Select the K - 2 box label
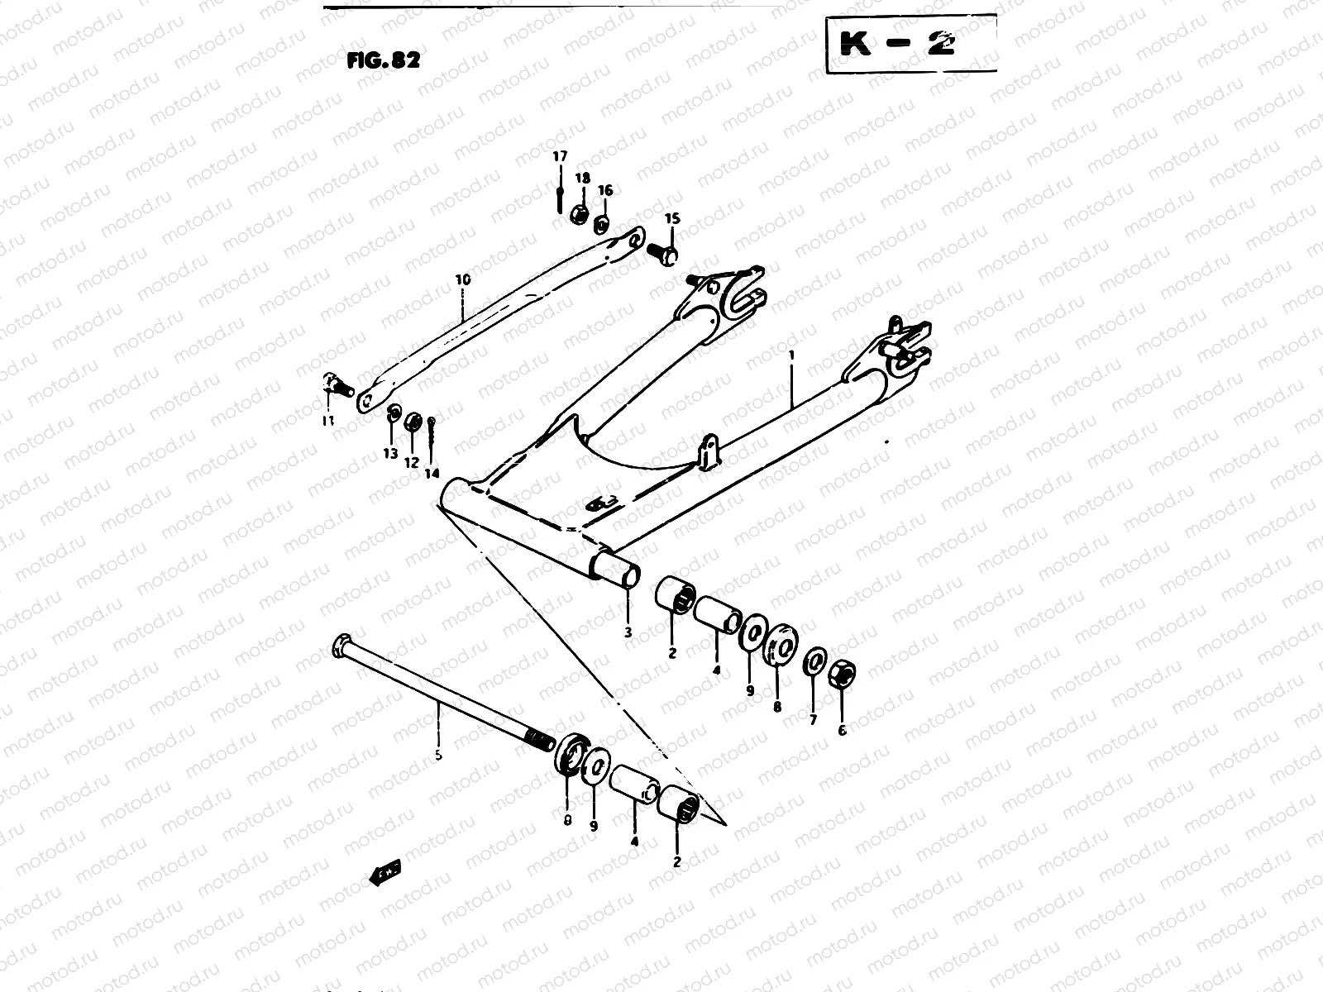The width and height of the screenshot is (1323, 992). click(x=897, y=45)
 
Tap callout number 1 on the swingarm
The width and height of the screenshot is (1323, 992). click(x=791, y=355)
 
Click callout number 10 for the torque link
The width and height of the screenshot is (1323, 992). click(x=462, y=280)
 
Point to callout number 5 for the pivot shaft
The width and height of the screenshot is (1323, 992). click(x=438, y=755)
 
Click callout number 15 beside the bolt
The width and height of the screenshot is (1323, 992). click(x=671, y=218)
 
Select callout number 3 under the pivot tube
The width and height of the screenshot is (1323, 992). click(x=628, y=632)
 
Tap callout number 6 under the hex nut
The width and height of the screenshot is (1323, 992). click(x=843, y=730)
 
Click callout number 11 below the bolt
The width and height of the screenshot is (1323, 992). click(x=328, y=421)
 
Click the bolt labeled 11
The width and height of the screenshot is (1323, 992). click(x=335, y=384)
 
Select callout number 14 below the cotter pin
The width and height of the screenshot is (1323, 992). click(x=432, y=474)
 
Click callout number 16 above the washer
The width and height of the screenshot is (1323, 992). click(x=605, y=191)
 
